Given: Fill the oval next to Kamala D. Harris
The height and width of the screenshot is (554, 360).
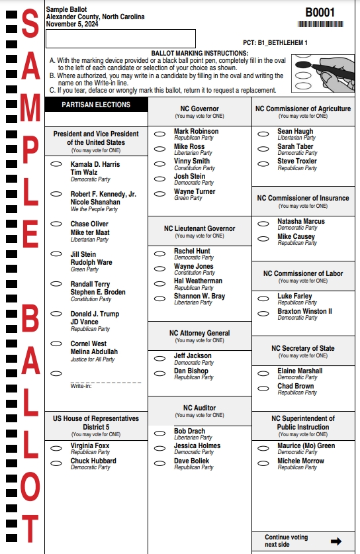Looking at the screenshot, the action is coord(57,164).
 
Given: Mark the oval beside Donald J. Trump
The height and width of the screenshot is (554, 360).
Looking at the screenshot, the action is coord(57,314).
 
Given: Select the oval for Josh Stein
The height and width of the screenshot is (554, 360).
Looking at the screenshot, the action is coord(159,179).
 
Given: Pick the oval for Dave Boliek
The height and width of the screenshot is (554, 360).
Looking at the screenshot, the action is coord(159,463).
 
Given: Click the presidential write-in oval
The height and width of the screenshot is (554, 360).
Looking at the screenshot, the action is coord(57,373).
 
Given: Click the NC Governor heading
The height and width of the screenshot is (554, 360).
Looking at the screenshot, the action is coord(199,109).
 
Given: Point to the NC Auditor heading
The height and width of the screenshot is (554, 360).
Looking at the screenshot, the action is coord(199,408).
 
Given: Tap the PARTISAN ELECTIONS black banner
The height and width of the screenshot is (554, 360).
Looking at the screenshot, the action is coord(96,105).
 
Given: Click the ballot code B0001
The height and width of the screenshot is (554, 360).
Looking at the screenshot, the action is coord(320,13).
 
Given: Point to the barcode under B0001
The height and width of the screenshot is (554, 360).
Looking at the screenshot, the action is coord(320,24).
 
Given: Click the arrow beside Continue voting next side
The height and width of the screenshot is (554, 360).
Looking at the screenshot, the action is coord(336,541).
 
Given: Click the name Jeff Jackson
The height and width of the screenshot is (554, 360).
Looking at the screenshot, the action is coord(193,355).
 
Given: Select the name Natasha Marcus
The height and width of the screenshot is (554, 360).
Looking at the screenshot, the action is coord(301,221).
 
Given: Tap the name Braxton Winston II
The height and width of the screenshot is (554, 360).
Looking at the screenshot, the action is coord(304,311).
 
